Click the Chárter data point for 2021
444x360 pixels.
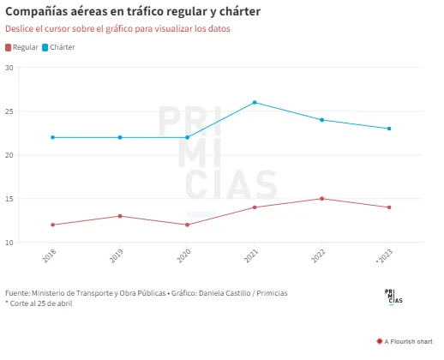tap(255, 102)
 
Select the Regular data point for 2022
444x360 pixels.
tap(322, 199)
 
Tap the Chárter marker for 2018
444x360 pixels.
tap(52, 137)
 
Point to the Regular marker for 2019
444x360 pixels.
tap(120, 216)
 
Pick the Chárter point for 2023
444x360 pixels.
tap(389, 129)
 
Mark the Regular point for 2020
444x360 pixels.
tap(188, 225)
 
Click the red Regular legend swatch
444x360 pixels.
tap(8, 47)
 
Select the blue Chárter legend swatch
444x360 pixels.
tap(45, 47)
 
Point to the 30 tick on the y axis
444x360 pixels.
tap(9, 68)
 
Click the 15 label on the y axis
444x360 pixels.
tap(9, 199)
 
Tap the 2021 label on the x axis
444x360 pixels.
tap(251, 255)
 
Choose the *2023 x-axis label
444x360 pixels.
tap(385, 256)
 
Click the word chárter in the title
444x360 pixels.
tap(240, 12)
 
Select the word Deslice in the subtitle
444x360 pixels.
tap(20, 28)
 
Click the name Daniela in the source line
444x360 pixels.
tap(211, 293)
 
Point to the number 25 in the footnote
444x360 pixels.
tap(41, 303)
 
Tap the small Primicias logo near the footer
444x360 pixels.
tap(393, 297)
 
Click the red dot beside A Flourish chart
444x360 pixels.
tap(380, 341)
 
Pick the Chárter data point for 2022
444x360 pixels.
tap(322, 120)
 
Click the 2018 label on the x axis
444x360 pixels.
tap(49, 255)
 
